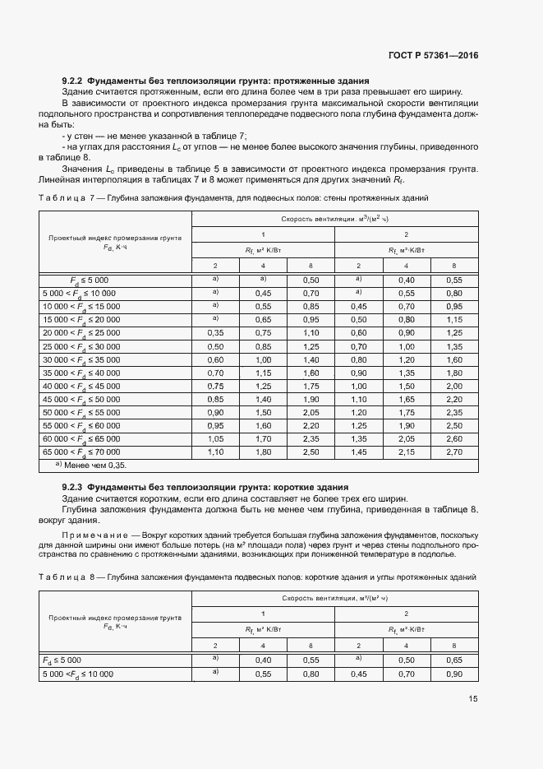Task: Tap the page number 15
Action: [472, 699]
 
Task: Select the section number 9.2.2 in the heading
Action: [73, 80]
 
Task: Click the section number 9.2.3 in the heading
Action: [73, 488]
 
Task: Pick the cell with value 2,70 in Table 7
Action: [454, 452]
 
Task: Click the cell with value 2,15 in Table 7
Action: [407, 452]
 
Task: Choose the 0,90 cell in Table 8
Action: [454, 674]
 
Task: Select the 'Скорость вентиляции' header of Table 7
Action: [334, 219]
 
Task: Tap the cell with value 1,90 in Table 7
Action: [407, 425]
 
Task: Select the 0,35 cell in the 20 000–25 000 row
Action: [215, 333]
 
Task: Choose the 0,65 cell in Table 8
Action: [454, 660]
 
